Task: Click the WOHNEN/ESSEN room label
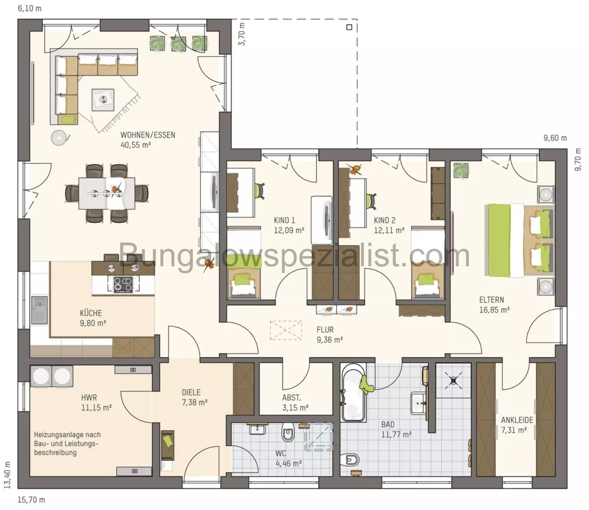coord(147,135)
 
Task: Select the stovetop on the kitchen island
coord(123,284)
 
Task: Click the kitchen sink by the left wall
coord(39,310)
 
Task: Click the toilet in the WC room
coord(288,432)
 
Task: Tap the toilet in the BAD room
coord(351,460)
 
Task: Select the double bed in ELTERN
coord(518,240)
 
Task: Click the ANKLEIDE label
coord(517,420)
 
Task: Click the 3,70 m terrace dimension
coord(242,34)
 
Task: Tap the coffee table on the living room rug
coord(103,100)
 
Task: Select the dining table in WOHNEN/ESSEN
coord(107,193)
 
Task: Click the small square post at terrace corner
coord(349,27)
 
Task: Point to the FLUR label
coord(325,330)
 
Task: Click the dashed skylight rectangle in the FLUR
coord(286,330)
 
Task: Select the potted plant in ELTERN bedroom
coord(460,170)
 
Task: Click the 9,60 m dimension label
coord(555,138)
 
